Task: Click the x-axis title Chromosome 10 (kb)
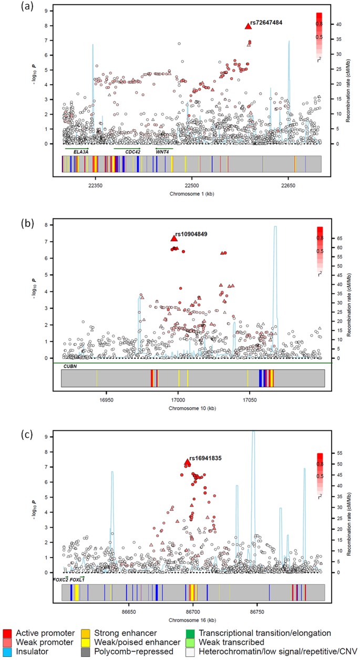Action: click(193, 408)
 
